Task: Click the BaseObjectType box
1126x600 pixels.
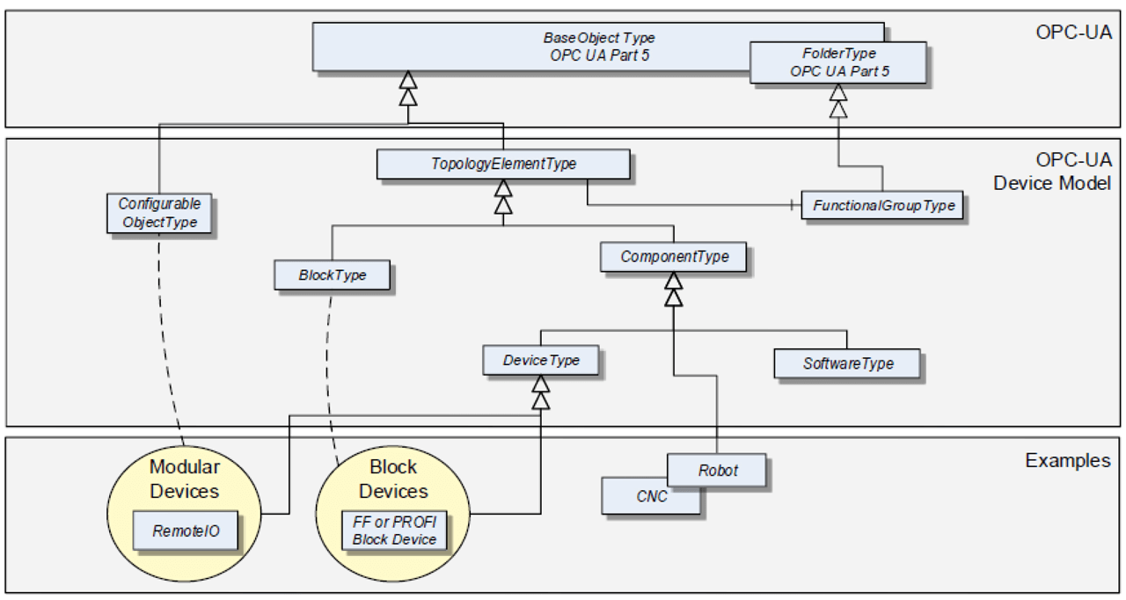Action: point(528,46)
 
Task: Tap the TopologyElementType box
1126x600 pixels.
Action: point(503,164)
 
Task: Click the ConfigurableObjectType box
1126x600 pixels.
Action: point(159,213)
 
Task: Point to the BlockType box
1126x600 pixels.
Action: point(332,275)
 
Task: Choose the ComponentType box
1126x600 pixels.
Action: point(674,257)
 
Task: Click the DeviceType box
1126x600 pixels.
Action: point(541,360)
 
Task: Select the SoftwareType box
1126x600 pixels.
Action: point(847,363)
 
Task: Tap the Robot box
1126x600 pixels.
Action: point(717,470)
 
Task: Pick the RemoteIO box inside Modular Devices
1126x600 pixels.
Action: point(186,531)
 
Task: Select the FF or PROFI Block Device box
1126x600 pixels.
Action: point(394,531)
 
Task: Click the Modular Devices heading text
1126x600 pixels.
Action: point(184,478)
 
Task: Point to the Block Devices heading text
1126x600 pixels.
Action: point(393,479)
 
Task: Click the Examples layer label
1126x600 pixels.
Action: point(1067,460)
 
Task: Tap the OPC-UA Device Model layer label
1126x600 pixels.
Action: point(1052,172)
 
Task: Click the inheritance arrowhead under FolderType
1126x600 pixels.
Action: point(838,99)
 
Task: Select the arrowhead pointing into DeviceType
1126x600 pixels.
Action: point(541,391)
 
